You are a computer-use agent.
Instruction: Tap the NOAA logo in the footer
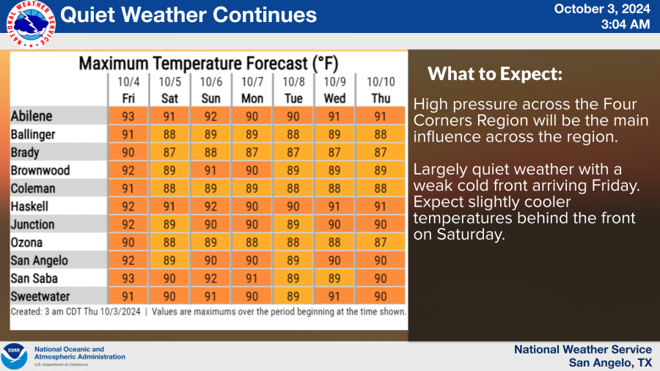15,356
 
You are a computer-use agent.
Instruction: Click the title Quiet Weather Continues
189,15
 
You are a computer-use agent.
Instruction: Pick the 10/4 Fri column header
128,89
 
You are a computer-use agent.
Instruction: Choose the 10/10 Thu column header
380,89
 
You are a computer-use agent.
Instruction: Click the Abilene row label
32,116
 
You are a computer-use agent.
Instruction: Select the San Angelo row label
40,260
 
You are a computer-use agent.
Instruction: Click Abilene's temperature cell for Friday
128,116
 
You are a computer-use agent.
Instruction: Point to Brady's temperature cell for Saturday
170,153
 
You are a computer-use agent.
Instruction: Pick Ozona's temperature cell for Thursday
380,243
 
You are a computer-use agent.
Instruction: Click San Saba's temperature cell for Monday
253,279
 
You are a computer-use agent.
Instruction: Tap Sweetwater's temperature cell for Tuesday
295,296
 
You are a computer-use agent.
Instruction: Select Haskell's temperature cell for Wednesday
337,207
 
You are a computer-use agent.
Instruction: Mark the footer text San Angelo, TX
610,362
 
